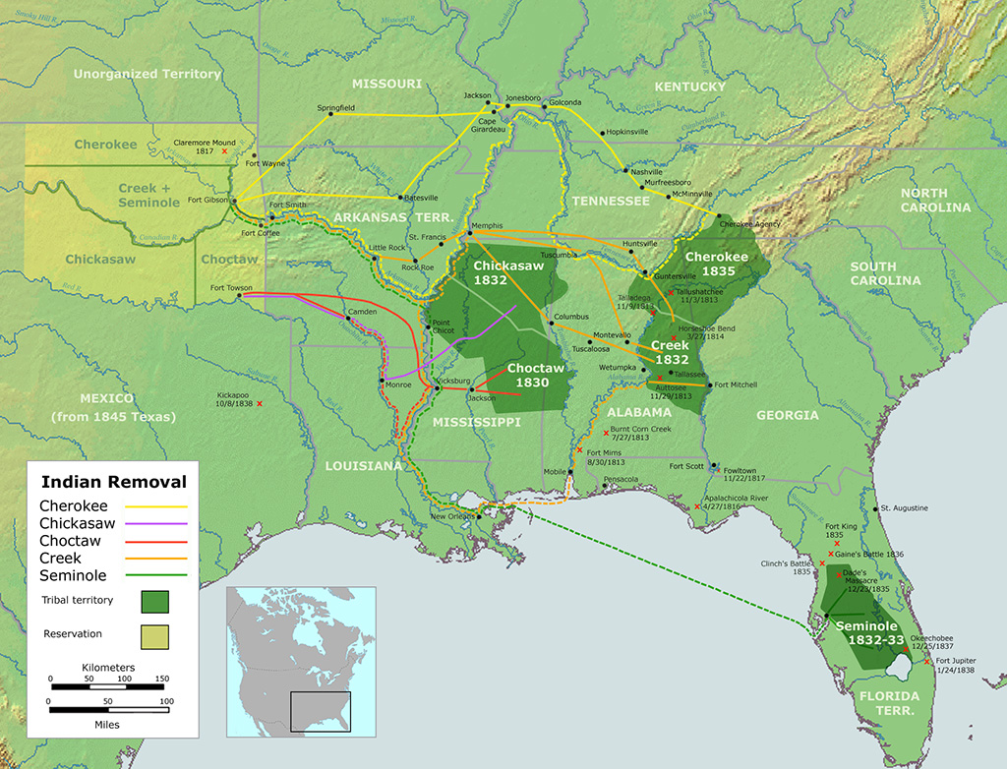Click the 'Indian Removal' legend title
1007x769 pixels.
(113, 482)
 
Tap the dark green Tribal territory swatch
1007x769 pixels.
(154, 600)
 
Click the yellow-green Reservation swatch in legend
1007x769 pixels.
(154, 635)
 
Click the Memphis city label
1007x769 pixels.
(487, 225)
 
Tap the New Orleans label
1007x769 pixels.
(451, 516)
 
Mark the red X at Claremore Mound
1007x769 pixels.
(225, 151)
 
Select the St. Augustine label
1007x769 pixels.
(904, 507)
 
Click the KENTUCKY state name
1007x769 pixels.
(689, 87)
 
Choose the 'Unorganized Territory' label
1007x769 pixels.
(148, 74)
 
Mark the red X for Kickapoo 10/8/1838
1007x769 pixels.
(260, 403)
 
